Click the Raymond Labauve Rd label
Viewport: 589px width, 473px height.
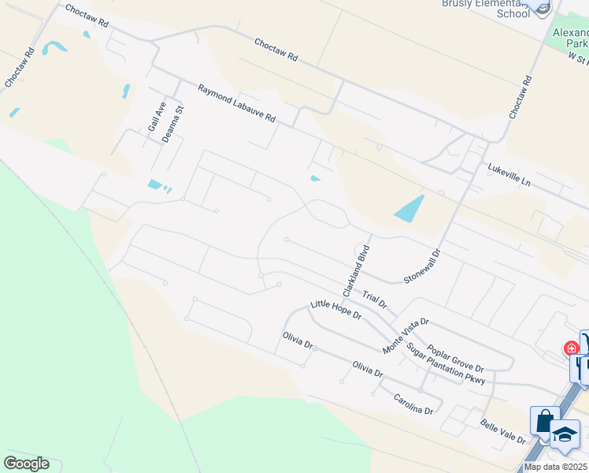pyautogui.click(x=236, y=104)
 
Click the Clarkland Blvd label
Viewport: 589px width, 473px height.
pyautogui.click(x=355, y=270)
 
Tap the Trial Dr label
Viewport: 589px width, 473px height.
pyautogui.click(x=375, y=298)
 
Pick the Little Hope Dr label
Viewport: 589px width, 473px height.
pyautogui.click(x=335, y=309)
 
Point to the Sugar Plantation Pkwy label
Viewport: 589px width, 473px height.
pyautogui.click(x=445, y=363)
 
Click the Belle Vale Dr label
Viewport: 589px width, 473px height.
pyautogui.click(x=503, y=432)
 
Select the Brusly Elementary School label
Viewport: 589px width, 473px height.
pyautogui.click(x=485, y=9)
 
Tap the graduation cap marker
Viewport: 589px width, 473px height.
pyautogui.click(x=565, y=434)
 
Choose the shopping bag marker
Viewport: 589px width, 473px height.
pyautogui.click(x=544, y=422)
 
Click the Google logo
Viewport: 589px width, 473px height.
pyautogui.click(x=26, y=464)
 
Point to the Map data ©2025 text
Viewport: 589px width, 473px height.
pyautogui.click(x=555, y=467)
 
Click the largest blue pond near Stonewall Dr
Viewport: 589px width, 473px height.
pyautogui.click(x=409, y=208)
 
